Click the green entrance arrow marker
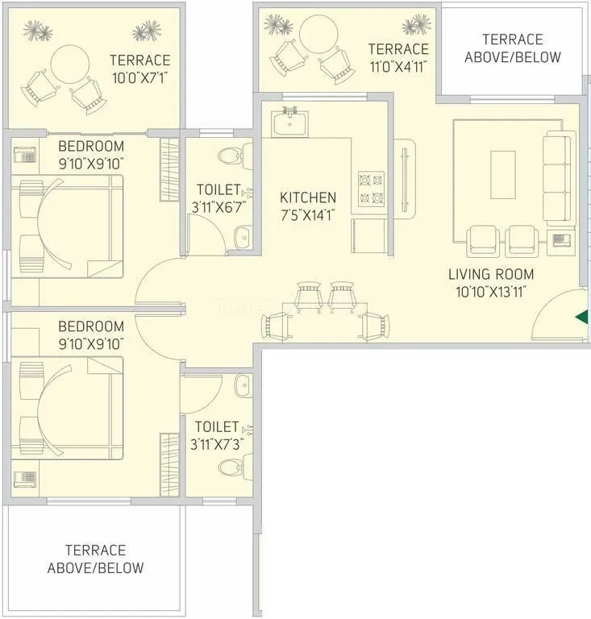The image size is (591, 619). [x=581, y=317]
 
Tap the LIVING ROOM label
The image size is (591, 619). [x=491, y=275]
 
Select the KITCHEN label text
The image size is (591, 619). [x=307, y=197]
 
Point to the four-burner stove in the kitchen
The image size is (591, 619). [x=370, y=188]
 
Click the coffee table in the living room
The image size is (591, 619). [x=503, y=174]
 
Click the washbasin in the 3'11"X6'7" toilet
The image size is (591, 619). [x=242, y=235]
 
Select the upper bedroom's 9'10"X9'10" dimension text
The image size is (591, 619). [x=90, y=163]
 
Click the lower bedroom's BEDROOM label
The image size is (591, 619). [x=90, y=326]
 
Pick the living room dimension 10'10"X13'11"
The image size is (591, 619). [x=491, y=292]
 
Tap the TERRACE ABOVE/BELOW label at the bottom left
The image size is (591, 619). [x=95, y=559]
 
